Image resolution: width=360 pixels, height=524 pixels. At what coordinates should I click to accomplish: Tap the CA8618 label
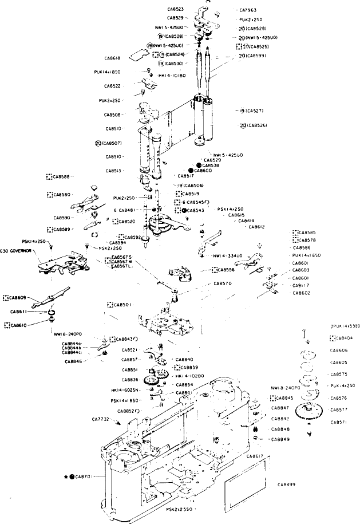tap(112, 58)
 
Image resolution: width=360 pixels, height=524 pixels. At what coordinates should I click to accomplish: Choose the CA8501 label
tap(122, 304)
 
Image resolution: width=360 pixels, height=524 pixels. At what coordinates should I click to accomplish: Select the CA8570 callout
tap(223, 283)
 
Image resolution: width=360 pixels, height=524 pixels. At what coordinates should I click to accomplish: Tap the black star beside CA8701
tap(66, 476)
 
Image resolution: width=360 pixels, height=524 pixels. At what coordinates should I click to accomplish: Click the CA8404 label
tap(343, 338)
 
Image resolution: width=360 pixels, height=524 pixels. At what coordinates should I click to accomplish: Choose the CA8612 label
tap(256, 227)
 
